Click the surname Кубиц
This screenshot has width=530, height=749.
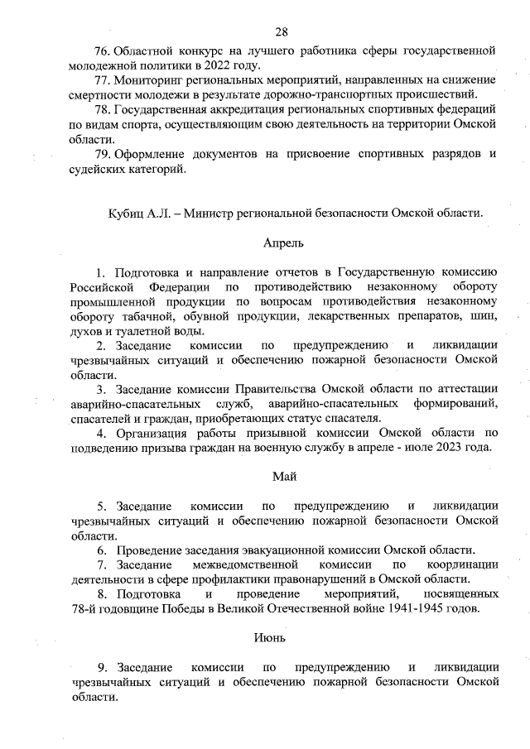pos(125,213)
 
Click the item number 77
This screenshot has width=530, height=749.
pos(103,80)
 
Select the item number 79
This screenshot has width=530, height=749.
pos(103,154)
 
